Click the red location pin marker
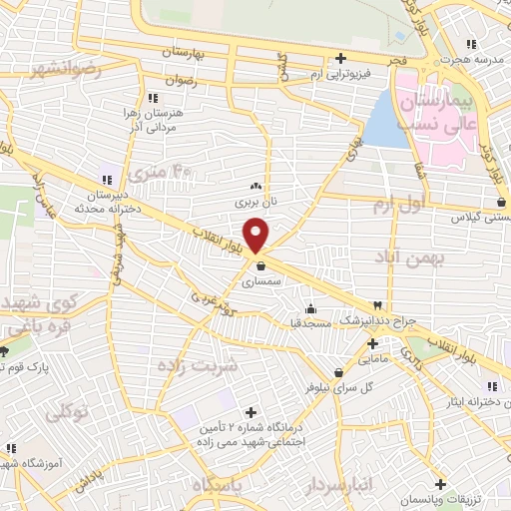pos(257,234)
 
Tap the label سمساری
pos(262,282)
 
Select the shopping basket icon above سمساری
pos(261,266)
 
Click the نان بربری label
pos(254,202)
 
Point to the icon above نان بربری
pos(255,186)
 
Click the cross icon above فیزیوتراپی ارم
pos(341,59)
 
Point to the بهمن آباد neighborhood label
pos(420,257)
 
